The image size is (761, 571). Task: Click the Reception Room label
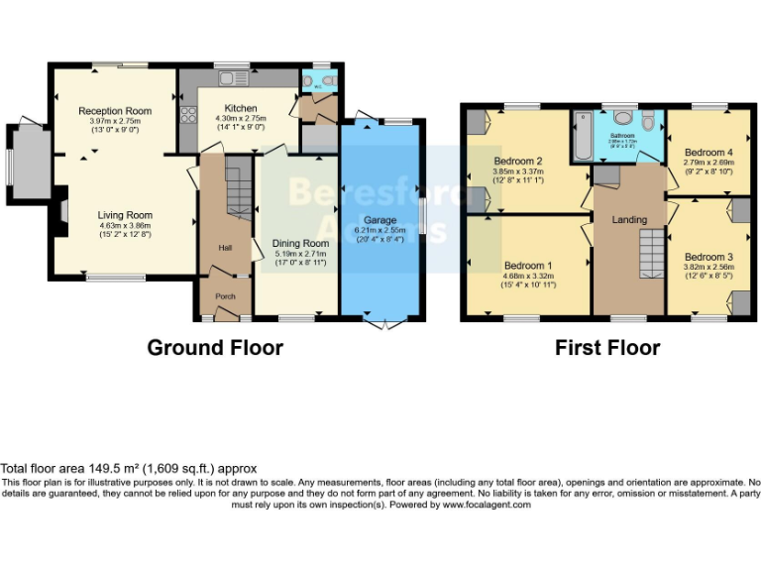115,110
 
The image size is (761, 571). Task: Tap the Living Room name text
125,214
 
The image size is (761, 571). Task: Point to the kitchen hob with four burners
187,113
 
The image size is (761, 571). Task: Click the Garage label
380,220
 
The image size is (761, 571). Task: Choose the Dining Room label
300,243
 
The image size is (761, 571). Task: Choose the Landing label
629,219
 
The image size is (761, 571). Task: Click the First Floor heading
607,348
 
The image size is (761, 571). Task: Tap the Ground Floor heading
215,348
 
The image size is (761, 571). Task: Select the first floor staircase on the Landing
649,253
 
